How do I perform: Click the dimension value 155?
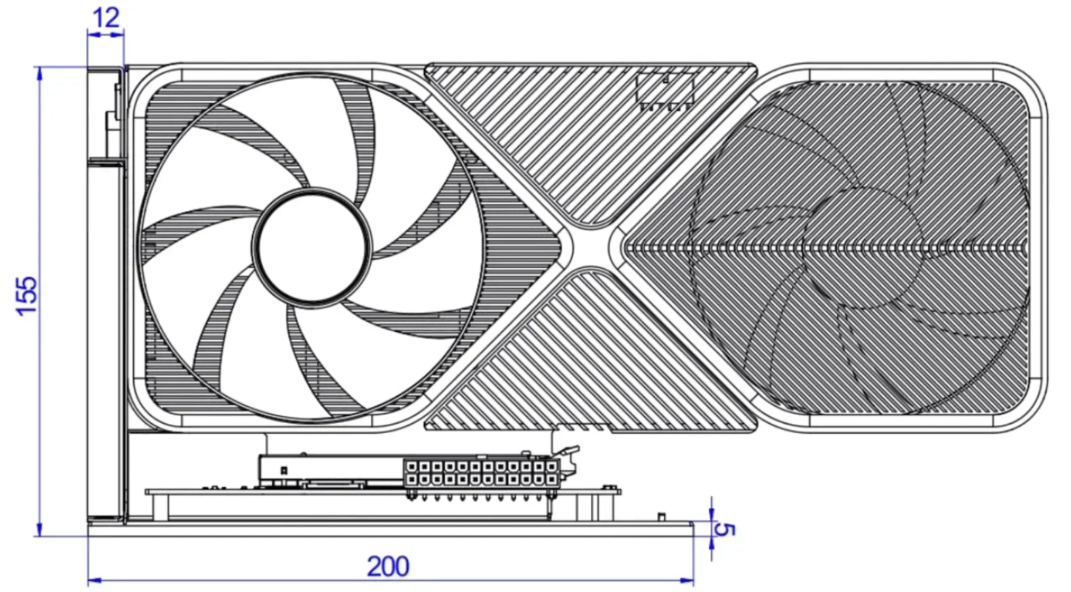point(27,295)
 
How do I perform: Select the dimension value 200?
point(388,566)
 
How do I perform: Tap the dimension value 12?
point(106,18)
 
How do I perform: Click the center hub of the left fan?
point(311,245)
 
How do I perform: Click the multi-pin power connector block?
point(481,473)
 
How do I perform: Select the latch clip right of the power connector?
point(569,460)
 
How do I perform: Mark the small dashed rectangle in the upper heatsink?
point(665,89)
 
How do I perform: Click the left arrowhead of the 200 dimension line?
point(93,580)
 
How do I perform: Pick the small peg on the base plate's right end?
point(660,517)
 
